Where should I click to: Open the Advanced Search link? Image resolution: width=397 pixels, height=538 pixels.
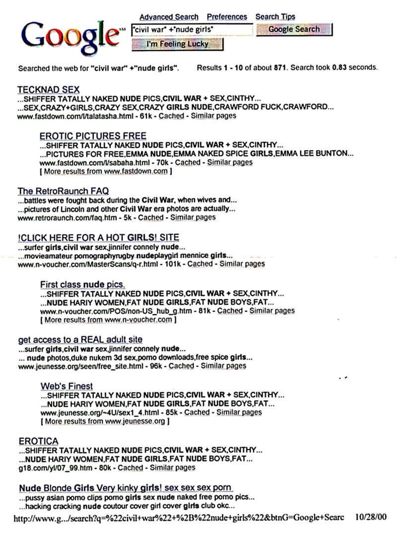169,17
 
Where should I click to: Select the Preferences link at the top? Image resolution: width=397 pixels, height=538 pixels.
227,17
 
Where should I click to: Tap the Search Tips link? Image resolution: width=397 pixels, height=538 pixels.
275,17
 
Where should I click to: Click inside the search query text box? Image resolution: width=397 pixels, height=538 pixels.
192,30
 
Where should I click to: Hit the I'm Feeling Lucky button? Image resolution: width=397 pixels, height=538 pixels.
178,44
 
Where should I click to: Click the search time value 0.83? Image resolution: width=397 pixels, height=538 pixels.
340,67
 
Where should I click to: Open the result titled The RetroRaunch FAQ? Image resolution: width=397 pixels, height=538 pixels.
63,191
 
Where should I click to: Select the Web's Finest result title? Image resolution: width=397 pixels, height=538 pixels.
66,386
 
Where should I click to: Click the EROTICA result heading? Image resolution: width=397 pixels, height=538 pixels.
38,441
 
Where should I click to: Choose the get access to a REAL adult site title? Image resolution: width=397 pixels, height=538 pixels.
80,339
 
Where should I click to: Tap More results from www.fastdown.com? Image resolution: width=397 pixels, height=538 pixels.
106,171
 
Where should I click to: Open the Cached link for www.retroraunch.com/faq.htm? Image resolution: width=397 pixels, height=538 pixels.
150,217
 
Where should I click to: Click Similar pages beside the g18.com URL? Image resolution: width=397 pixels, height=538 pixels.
172,468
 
